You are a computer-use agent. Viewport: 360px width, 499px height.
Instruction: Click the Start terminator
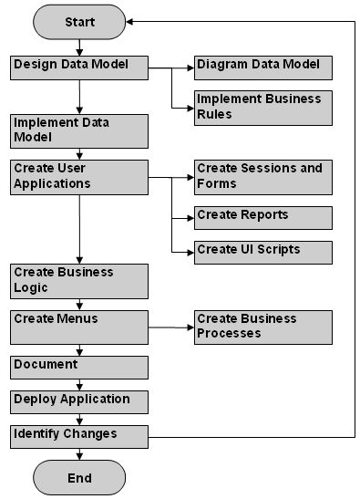click(x=79, y=21)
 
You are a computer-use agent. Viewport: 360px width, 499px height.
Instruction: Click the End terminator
click(x=79, y=476)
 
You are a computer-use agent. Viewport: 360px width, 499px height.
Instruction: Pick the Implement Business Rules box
click(x=262, y=108)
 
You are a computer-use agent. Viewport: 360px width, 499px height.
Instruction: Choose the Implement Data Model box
click(x=79, y=130)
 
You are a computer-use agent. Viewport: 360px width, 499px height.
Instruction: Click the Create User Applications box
click(x=79, y=177)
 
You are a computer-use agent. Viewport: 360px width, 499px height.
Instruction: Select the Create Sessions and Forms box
click(x=262, y=177)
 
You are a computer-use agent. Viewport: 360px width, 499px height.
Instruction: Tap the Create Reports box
click(x=262, y=217)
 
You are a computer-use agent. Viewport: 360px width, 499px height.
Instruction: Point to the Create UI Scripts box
click(x=262, y=251)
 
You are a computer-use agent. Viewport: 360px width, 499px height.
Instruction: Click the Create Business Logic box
click(x=79, y=281)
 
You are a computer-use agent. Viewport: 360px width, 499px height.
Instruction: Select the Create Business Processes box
click(x=262, y=327)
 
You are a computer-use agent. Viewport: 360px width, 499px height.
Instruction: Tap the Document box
click(x=79, y=367)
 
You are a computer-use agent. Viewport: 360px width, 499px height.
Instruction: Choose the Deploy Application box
click(x=79, y=401)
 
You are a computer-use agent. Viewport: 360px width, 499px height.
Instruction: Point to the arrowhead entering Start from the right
click(x=130, y=21)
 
